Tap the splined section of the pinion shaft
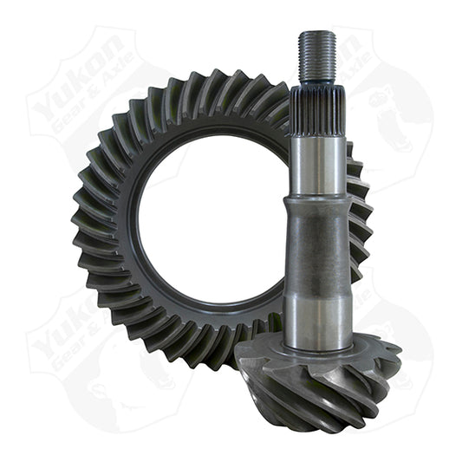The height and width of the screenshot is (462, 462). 317,108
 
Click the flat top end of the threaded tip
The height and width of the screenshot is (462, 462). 317,34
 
